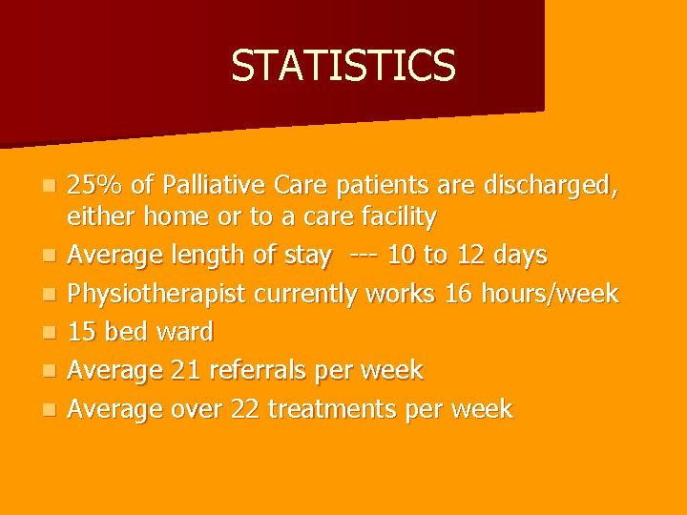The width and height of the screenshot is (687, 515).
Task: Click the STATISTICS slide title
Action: point(343,66)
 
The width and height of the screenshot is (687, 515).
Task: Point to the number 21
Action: point(180,371)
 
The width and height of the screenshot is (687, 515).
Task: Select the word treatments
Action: point(333,409)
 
